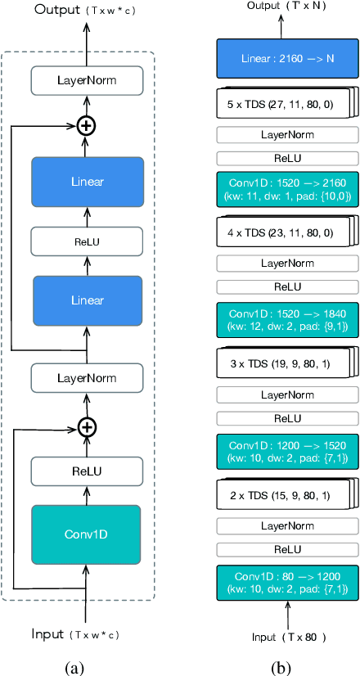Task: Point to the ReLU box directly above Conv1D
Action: point(87,471)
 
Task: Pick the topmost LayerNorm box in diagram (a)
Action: point(87,81)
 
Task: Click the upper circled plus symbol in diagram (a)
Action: point(87,125)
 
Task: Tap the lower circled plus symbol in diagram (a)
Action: point(87,426)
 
